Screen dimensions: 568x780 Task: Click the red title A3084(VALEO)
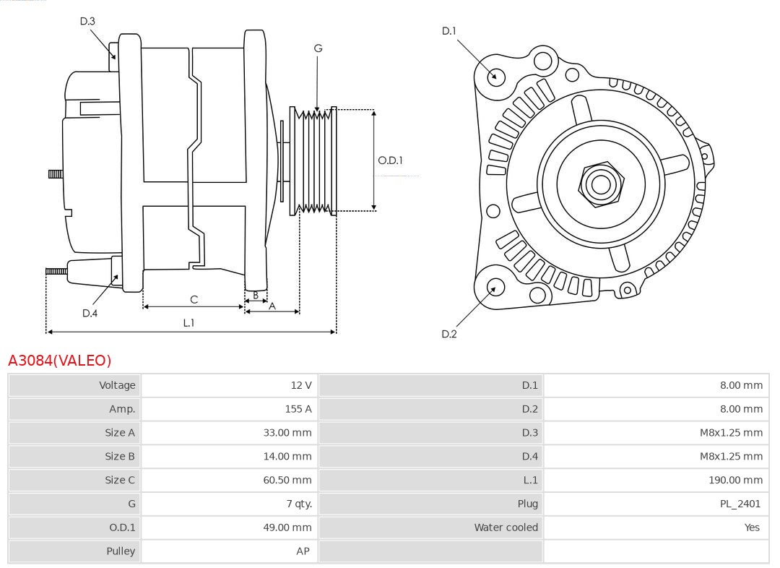[x=60, y=361]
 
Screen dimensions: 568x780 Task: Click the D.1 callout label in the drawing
[x=449, y=31]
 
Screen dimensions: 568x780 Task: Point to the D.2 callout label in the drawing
[x=449, y=334]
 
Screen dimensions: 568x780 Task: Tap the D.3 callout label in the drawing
[x=87, y=22]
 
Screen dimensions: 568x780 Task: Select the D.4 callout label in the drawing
[x=90, y=313]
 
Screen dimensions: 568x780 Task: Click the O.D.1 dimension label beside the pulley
[x=390, y=160]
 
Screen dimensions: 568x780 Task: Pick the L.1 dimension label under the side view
[x=188, y=323]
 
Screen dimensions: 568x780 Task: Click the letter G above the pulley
[x=318, y=48]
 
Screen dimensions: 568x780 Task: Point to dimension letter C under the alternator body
[x=194, y=299]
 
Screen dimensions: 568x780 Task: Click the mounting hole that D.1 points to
[x=496, y=76]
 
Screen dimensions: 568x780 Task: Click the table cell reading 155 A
[x=298, y=409]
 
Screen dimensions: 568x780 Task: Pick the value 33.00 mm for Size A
[x=287, y=433]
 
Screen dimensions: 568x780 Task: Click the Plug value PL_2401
[x=740, y=504]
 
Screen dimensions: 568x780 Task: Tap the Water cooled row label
[x=506, y=528]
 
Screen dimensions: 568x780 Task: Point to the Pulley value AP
[x=303, y=551]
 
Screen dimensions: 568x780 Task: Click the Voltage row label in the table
[x=117, y=385]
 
